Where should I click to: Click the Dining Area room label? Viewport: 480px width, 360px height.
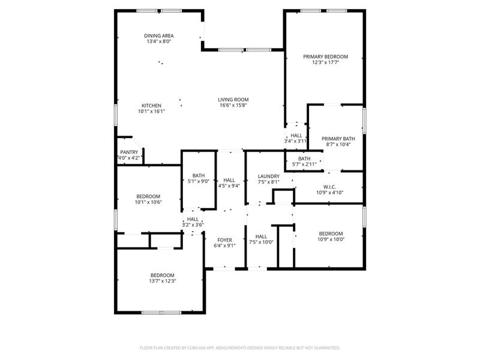[x=159, y=35]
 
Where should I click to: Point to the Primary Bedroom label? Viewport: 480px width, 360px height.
[x=325, y=56]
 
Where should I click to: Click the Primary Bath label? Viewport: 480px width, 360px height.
[x=338, y=139]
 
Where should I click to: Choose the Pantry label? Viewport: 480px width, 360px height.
[x=129, y=152]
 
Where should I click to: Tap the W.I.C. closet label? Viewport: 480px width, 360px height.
[x=329, y=187]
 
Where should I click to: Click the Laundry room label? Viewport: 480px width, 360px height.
[x=269, y=176]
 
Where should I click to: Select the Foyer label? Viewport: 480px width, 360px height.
[x=225, y=239]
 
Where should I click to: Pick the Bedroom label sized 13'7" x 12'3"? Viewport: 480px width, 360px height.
[x=163, y=275]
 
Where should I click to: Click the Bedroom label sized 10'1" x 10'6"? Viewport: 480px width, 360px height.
[x=148, y=196]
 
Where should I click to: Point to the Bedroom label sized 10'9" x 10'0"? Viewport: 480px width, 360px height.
[x=331, y=233]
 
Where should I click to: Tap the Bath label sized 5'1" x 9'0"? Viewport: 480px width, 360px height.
[x=199, y=175]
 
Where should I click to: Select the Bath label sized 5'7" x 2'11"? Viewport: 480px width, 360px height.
[x=304, y=158]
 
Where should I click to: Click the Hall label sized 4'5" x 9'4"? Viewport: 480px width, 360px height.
[x=229, y=179]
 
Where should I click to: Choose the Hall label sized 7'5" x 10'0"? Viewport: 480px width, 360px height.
[x=261, y=236]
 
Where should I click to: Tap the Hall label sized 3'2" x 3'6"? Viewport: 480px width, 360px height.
[x=193, y=219]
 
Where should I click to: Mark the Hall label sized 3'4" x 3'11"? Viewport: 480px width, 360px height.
[x=296, y=136]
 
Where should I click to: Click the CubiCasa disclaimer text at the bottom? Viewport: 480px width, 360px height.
[x=240, y=347]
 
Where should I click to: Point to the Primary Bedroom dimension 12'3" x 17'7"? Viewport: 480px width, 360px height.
[x=325, y=62]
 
